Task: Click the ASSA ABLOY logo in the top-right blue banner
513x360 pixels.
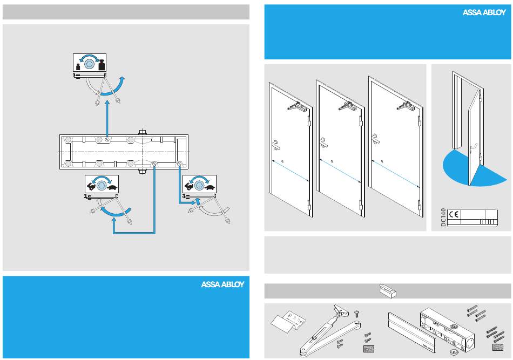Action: click(484, 13)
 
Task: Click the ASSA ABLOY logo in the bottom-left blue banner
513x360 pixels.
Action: click(222, 285)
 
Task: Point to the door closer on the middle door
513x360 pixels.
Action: click(346, 107)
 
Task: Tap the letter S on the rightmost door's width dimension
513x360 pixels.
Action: click(382, 161)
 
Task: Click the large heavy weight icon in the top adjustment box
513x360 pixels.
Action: click(101, 65)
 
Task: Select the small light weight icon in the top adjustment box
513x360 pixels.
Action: click(78, 66)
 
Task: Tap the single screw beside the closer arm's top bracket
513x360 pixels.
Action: click(356, 313)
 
